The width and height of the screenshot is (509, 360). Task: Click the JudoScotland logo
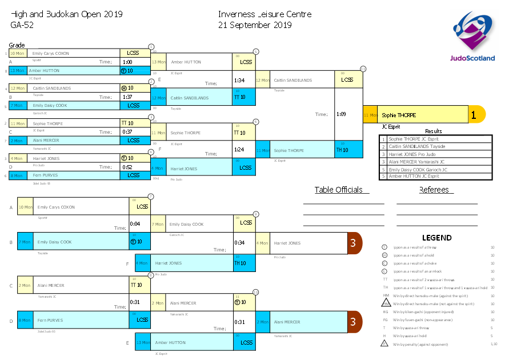[x=472, y=39]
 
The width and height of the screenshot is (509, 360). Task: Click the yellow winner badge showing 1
[x=474, y=115]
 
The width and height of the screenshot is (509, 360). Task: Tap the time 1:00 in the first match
[x=127, y=62]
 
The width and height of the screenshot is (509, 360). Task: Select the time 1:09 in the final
[x=342, y=114]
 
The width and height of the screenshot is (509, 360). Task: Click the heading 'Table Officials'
[x=338, y=190]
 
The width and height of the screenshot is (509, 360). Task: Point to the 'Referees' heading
[x=434, y=190]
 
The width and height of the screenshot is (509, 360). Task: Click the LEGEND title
[x=436, y=238]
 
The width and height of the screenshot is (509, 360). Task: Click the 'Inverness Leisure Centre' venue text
[x=264, y=14]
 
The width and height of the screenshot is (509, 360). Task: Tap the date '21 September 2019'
[x=255, y=25]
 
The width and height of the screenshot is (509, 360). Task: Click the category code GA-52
[x=22, y=25]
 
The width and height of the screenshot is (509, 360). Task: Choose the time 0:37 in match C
[x=127, y=132]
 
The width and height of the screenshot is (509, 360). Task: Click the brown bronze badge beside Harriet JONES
[x=354, y=243]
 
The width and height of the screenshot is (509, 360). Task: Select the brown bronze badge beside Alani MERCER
[x=354, y=322]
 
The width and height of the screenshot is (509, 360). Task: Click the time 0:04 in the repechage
[x=135, y=224]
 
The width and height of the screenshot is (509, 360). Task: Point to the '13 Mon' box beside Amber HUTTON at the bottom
[x=143, y=343]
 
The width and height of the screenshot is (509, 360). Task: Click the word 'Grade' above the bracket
[x=17, y=45]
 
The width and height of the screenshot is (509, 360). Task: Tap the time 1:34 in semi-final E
[x=239, y=81]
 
